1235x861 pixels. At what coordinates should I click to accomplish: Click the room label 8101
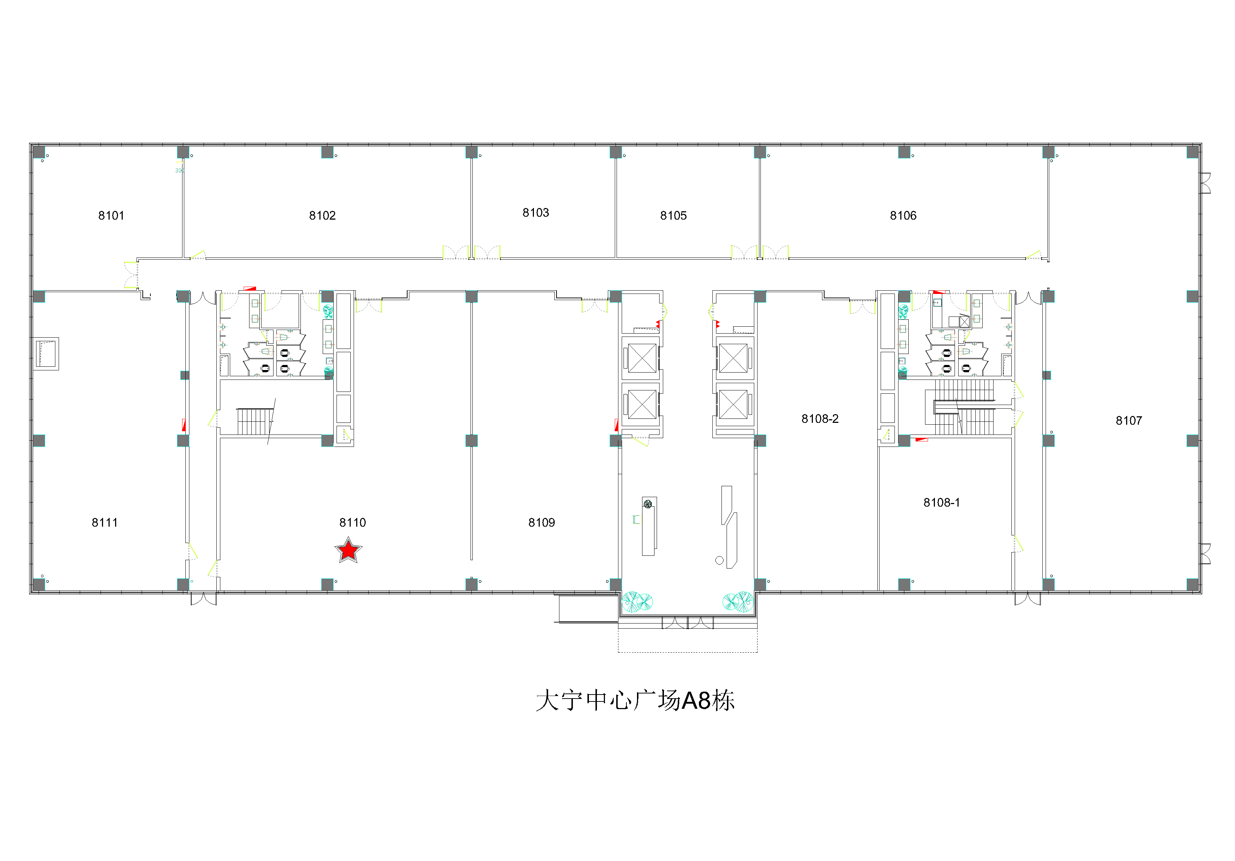(x=111, y=216)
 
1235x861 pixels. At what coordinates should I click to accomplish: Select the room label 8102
(x=322, y=216)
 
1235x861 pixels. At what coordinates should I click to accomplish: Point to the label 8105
(x=673, y=216)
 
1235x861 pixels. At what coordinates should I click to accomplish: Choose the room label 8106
(x=903, y=216)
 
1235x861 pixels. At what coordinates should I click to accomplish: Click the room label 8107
(x=1129, y=421)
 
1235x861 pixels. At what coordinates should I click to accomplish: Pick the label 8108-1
(x=942, y=502)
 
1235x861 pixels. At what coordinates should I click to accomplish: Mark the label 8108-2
(x=820, y=418)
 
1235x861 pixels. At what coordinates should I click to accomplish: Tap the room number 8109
(x=542, y=523)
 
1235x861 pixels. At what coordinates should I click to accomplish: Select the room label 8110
(x=352, y=523)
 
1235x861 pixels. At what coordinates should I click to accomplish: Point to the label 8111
(x=105, y=523)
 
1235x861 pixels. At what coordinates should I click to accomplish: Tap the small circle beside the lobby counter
(x=719, y=561)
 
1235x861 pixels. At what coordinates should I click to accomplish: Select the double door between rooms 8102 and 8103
(x=471, y=252)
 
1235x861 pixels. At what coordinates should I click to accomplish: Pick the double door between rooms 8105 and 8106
(x=759, y=252)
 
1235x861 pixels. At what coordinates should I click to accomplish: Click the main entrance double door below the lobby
(x=687, y=623)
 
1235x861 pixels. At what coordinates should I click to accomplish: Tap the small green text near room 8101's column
(x=179, y=170)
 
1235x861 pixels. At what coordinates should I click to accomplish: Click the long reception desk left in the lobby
(x=649, y=526)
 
